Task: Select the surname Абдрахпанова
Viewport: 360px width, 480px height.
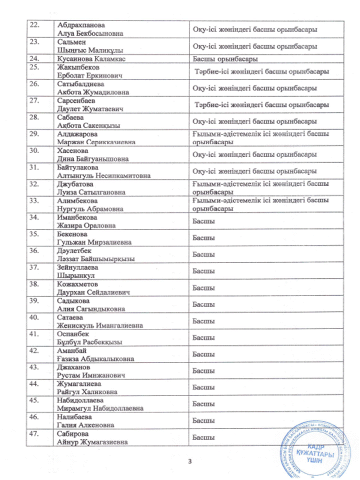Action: click(81, 25)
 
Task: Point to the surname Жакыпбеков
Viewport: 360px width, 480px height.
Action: click(79, 66)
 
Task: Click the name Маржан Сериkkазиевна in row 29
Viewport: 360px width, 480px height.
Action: click(96, 142)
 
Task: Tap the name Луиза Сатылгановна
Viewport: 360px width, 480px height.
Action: click(91, 192)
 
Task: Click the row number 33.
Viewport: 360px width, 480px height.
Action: click(35, 201)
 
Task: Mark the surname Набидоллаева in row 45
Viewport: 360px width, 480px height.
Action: click(80, 400)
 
